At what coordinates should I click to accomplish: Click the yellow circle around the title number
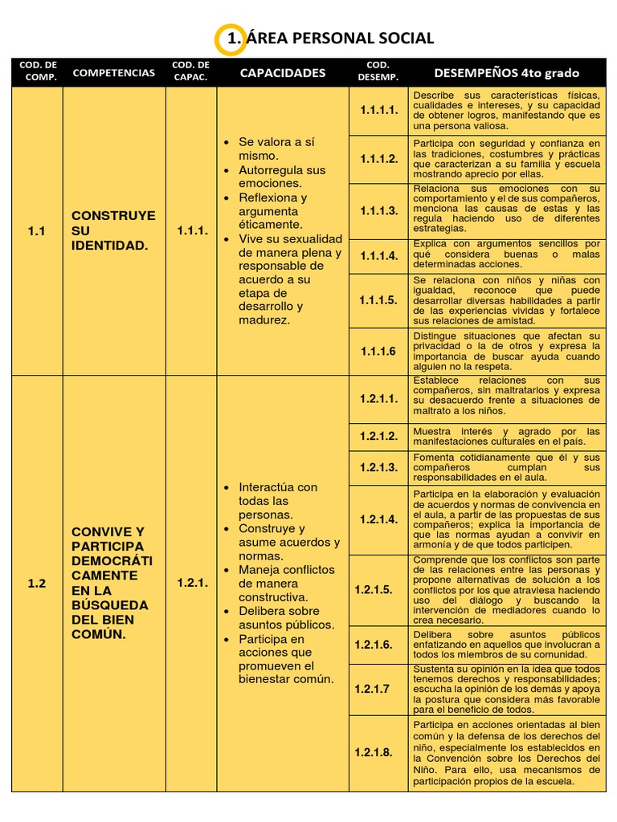(231, 39)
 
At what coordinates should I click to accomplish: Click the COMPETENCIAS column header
(113, 73)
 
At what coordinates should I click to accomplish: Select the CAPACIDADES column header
(283, 73)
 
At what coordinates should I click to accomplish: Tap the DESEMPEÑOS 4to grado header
(506, 73)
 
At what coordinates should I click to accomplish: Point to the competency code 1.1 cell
(37, 231)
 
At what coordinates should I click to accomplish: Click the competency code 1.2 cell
(37, 584)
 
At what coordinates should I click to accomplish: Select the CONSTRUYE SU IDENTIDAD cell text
(113, 230)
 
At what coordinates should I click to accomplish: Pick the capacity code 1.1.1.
(192, 231)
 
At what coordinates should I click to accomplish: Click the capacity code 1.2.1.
(192, 584)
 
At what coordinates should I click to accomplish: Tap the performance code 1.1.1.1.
(378, 111)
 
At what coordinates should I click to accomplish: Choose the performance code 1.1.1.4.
(378, 256)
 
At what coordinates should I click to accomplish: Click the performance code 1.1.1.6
(378, 351)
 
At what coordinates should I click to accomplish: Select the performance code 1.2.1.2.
(378, 437)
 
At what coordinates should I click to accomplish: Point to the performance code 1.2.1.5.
(374, 589)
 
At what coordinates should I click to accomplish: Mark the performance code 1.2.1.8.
(374, 753)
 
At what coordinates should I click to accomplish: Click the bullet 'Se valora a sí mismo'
(277, 149)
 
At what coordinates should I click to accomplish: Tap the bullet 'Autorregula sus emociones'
(281, 177)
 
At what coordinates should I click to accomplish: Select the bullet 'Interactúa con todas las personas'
(277, 501)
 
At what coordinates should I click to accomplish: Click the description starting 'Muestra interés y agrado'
(506, 437)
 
